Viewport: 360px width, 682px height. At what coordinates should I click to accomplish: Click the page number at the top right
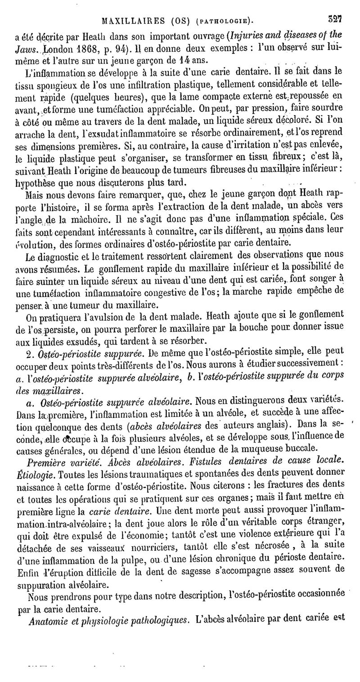(x=335, y=19)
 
